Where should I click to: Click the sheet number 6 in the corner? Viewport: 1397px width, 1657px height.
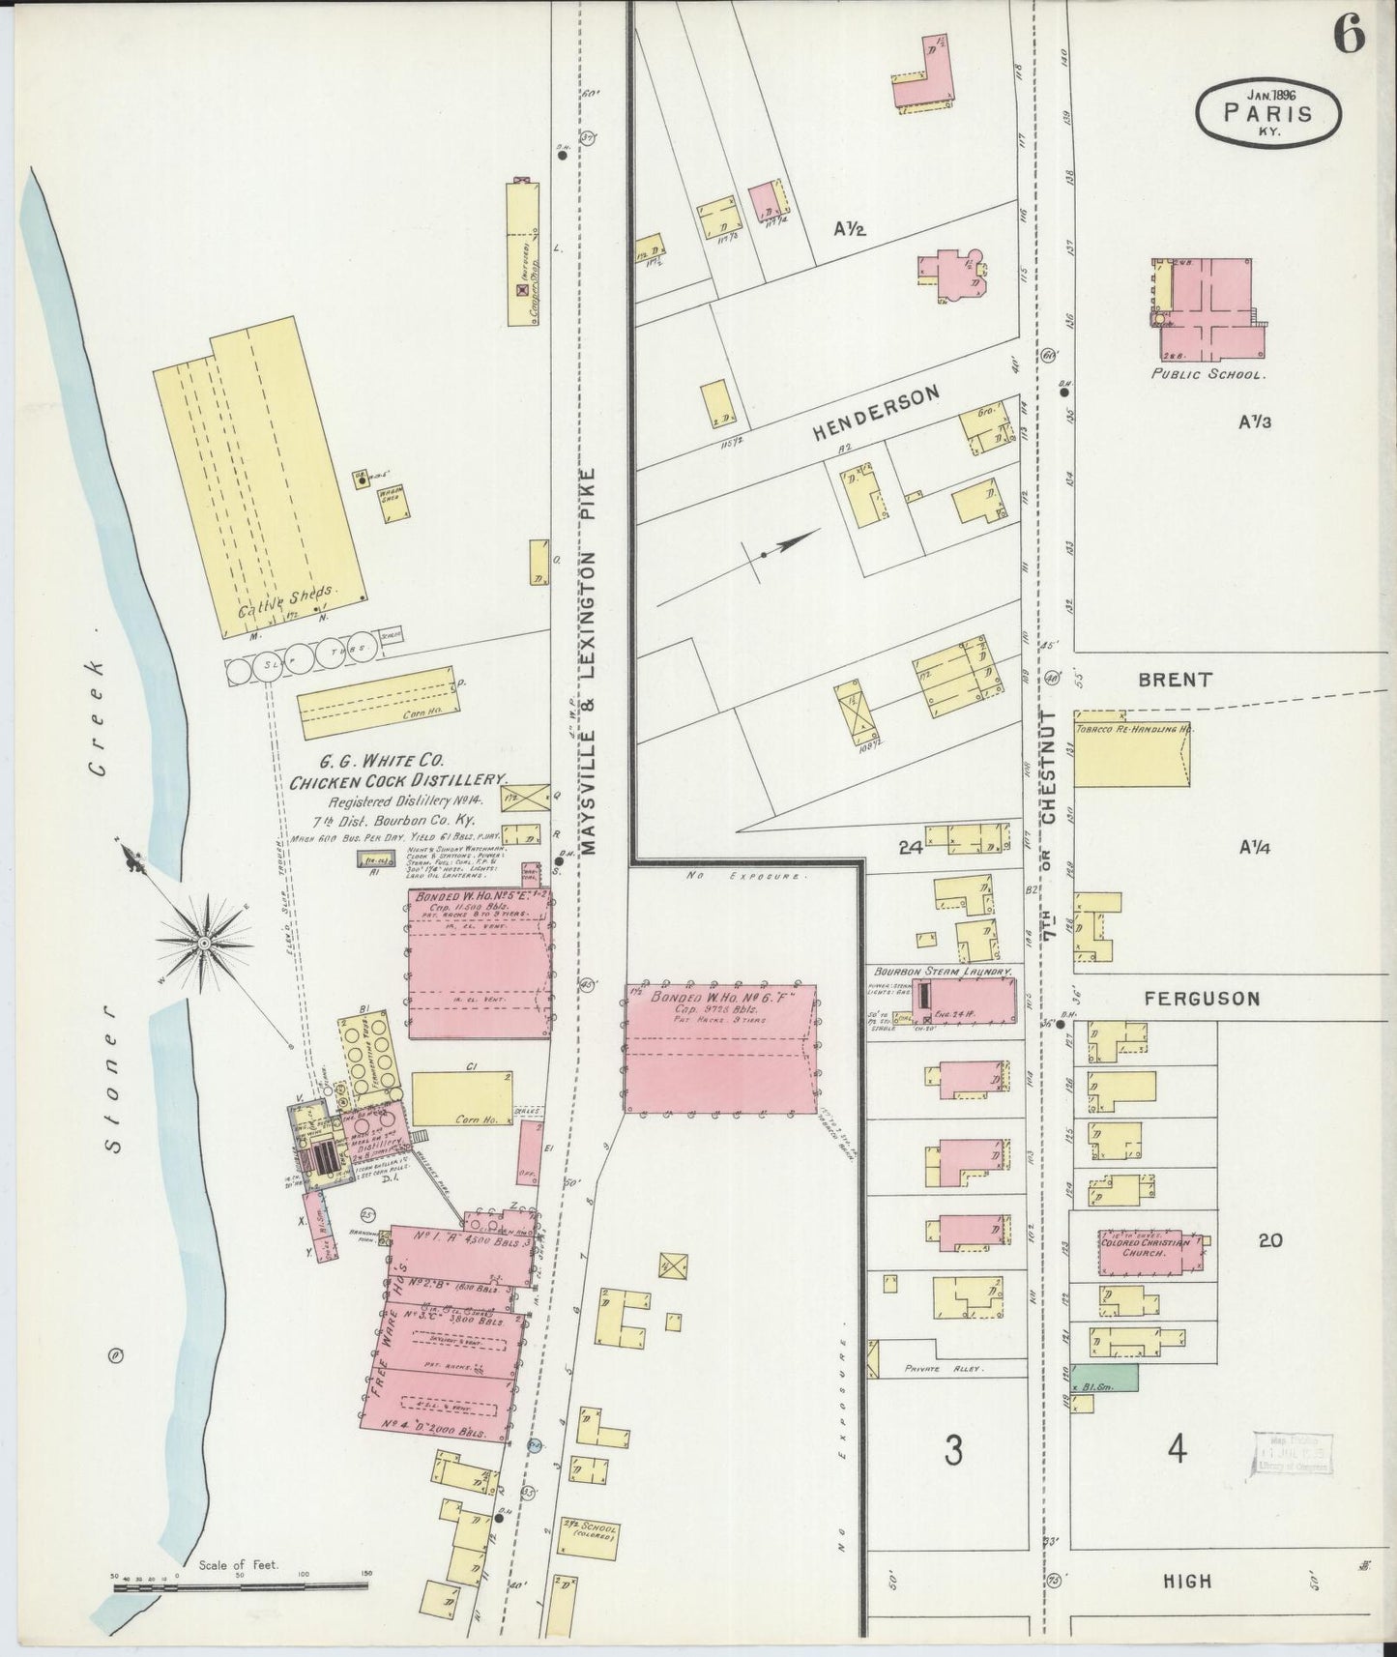1349,36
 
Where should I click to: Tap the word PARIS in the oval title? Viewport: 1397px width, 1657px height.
1268,112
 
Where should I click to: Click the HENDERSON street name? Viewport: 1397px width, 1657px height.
876,414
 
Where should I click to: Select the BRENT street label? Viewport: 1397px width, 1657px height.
1175,680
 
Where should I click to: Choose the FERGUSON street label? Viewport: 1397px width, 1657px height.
1202,999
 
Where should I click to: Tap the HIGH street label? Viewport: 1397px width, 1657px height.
1187,1581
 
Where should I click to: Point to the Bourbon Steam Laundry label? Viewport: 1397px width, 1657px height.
942,971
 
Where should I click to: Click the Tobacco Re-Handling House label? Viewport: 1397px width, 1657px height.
1130,728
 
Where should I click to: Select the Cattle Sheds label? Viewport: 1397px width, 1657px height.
285,599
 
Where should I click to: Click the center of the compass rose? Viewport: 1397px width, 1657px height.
205,939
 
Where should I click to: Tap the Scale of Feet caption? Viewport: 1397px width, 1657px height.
238,1563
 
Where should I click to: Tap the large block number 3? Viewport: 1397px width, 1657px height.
953,1450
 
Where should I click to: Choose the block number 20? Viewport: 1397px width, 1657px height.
1269,1239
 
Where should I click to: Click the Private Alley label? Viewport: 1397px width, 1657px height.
942,1369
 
